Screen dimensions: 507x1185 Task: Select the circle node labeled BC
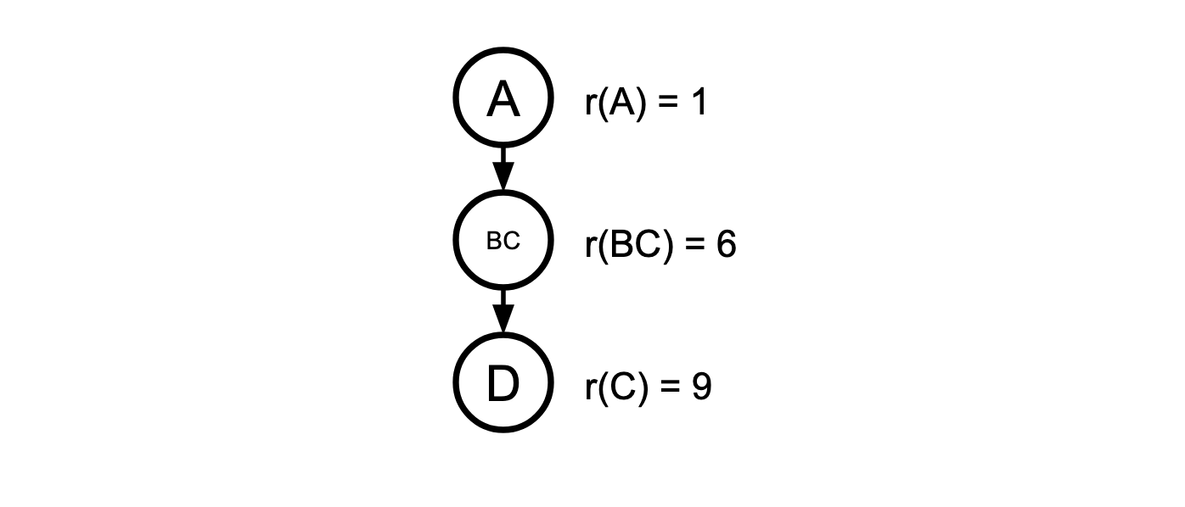point(503,241)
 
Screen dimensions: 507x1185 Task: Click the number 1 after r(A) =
point(698,103)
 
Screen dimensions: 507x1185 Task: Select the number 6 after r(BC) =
point(725,245)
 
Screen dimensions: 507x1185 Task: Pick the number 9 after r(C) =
point(700,387)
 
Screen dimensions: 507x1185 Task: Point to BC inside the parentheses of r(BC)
point(632,245)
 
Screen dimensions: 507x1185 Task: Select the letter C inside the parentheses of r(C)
point(621,387)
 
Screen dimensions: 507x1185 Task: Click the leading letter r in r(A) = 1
point(590,105)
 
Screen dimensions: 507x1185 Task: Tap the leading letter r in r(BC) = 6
point(590,247)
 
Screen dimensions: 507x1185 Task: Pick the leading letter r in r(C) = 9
point(590,389)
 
